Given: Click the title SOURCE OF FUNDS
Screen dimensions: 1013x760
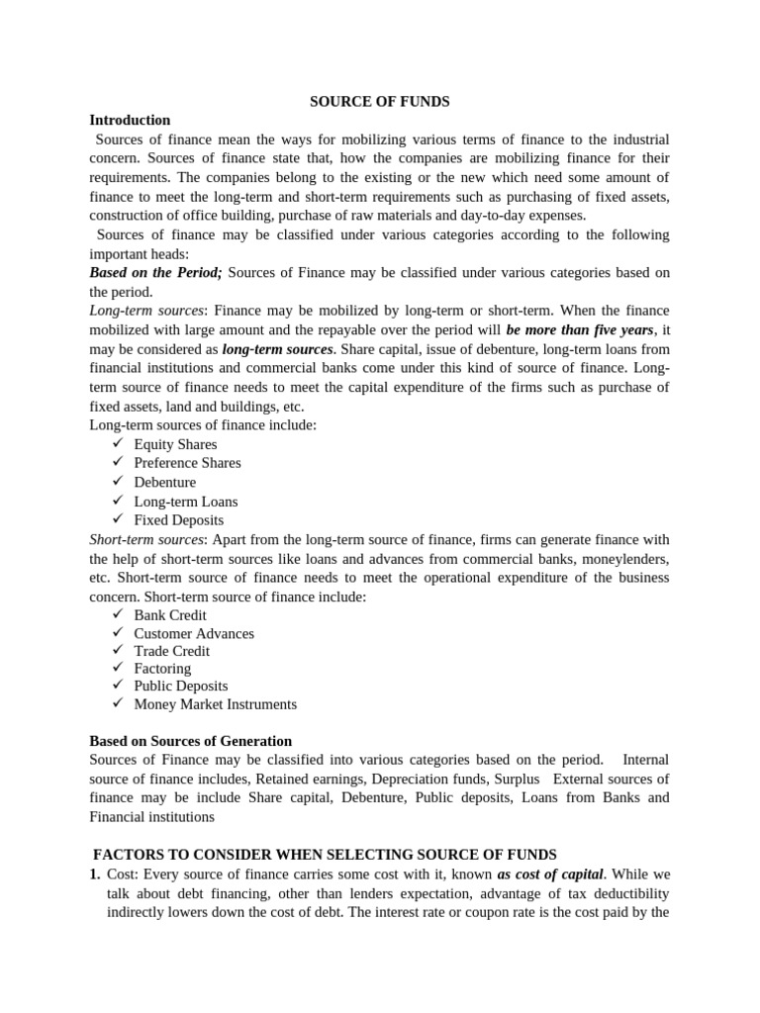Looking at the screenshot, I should pos(379,101).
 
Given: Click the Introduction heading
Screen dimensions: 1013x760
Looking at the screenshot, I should pos(130,120).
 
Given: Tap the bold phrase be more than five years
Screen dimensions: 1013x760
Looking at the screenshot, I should pos(580,329).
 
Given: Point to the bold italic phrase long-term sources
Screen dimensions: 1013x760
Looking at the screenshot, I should pos(277,349).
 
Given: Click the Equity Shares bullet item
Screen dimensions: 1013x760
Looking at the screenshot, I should pos(175,444).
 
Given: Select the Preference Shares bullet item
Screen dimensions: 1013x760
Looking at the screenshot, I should pos(187,463).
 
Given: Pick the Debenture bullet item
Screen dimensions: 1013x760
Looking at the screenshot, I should pos(164,482).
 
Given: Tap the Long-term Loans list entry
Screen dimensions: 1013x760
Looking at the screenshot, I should pos(185,502).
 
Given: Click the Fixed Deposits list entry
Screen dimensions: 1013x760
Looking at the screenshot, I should pos(178,520).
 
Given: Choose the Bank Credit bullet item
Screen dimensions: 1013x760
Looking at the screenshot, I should pos(170,615).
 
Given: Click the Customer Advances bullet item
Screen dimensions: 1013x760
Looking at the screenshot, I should pos(194,633).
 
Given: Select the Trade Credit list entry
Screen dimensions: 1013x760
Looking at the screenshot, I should pos(171,651).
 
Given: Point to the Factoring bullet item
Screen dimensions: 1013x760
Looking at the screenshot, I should pos(162,669).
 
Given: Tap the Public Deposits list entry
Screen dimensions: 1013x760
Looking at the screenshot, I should pos(180,687).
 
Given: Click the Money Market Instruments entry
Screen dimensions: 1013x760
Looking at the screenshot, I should pos(215,704).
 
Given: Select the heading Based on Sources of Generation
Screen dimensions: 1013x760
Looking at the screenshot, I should pos(190,741).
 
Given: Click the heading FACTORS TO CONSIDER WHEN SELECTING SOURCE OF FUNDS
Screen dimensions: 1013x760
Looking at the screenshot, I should pos(325,855).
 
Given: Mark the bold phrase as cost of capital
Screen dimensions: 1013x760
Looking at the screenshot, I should pos(550,875).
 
